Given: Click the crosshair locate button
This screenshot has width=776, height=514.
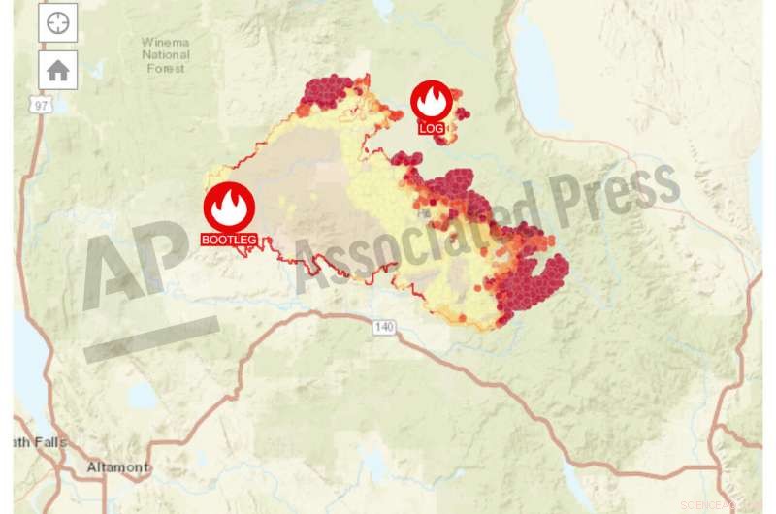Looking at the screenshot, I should (57, 22).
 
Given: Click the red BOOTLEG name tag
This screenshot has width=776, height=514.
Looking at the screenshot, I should (229, 239).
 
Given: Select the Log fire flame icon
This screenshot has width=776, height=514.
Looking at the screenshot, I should (432, 101).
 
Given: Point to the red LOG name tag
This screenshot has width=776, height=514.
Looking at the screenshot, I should (432, 128).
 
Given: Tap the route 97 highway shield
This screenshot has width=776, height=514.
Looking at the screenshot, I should (38, 105).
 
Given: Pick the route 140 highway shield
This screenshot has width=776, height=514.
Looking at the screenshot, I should (385, 327).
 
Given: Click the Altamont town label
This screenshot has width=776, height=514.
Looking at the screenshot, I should (118, 467).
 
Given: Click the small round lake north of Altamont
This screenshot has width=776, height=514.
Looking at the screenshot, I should (142, 397).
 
